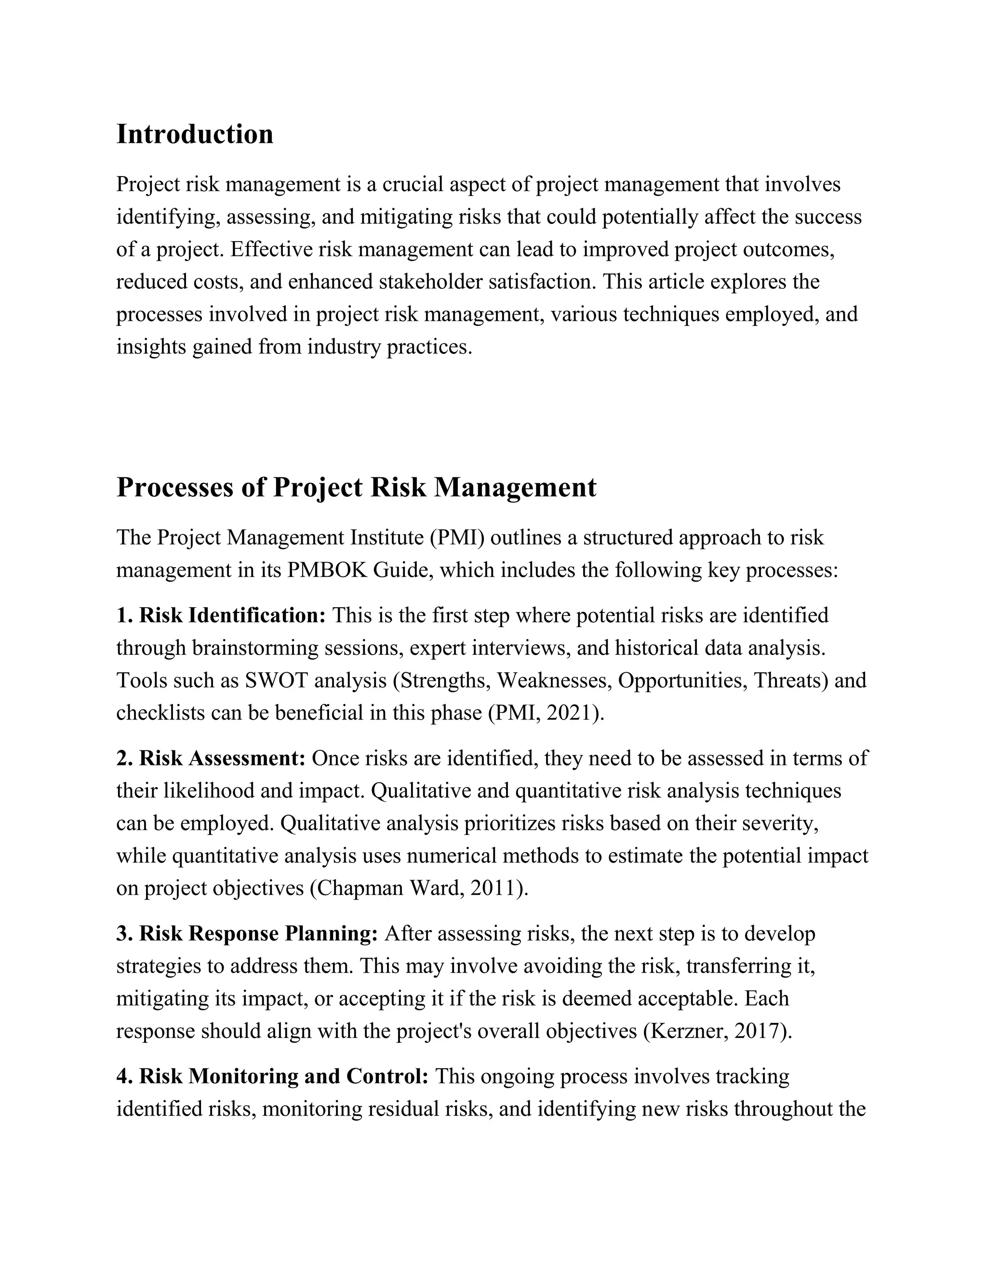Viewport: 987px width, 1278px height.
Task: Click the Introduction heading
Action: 195,135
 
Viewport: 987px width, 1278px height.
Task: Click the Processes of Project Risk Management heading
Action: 356,488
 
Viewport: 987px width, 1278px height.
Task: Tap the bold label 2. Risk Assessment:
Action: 211,759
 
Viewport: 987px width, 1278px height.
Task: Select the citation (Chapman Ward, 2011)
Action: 419,888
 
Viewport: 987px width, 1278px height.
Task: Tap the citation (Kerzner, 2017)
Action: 717,1031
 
